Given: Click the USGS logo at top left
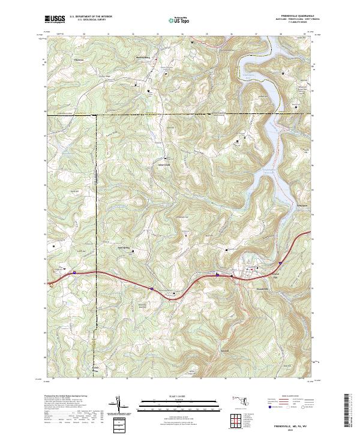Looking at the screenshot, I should (x=55, y=19).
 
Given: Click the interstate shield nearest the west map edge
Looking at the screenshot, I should (x=74, y=272).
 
